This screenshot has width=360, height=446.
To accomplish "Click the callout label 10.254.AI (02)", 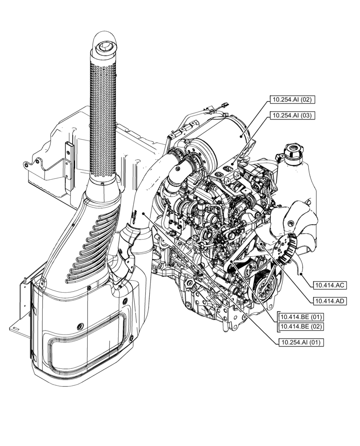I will (292, 100).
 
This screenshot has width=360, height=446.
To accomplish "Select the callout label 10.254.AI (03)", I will (292, 116).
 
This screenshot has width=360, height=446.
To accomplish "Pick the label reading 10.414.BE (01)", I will (301, 317).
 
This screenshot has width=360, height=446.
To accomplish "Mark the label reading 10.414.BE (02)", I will (301, 326).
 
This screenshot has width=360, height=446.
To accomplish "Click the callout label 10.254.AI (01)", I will (300, 342).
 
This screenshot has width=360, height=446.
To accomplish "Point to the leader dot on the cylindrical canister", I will (243, 136).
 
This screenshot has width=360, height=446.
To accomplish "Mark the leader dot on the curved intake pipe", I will (143, 214).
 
